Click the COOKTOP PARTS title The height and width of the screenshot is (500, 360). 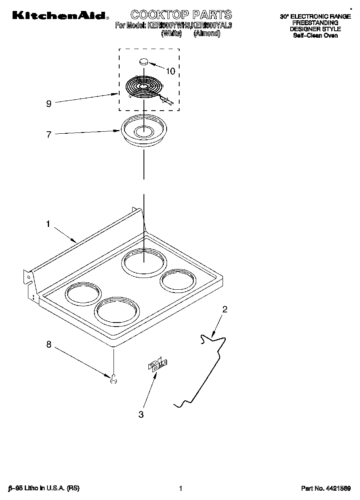point(181,15)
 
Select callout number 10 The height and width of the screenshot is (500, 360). point(171,72)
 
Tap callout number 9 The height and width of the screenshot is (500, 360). point(49,104)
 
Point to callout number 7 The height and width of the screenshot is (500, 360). point(49,135)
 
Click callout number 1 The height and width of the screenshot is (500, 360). point(48,224)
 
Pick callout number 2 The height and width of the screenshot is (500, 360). point(225,310)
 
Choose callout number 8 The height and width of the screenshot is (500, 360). point(49,344)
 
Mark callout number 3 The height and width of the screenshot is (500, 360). point(141,414)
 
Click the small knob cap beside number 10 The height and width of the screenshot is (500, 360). point(144,62)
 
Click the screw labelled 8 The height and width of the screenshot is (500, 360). point(114,379)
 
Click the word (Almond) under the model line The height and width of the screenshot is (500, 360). point(207,34)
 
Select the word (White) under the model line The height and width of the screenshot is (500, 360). point(171,34)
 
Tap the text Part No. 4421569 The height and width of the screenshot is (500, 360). point(326,488)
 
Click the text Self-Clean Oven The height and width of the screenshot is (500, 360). point(315,35)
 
